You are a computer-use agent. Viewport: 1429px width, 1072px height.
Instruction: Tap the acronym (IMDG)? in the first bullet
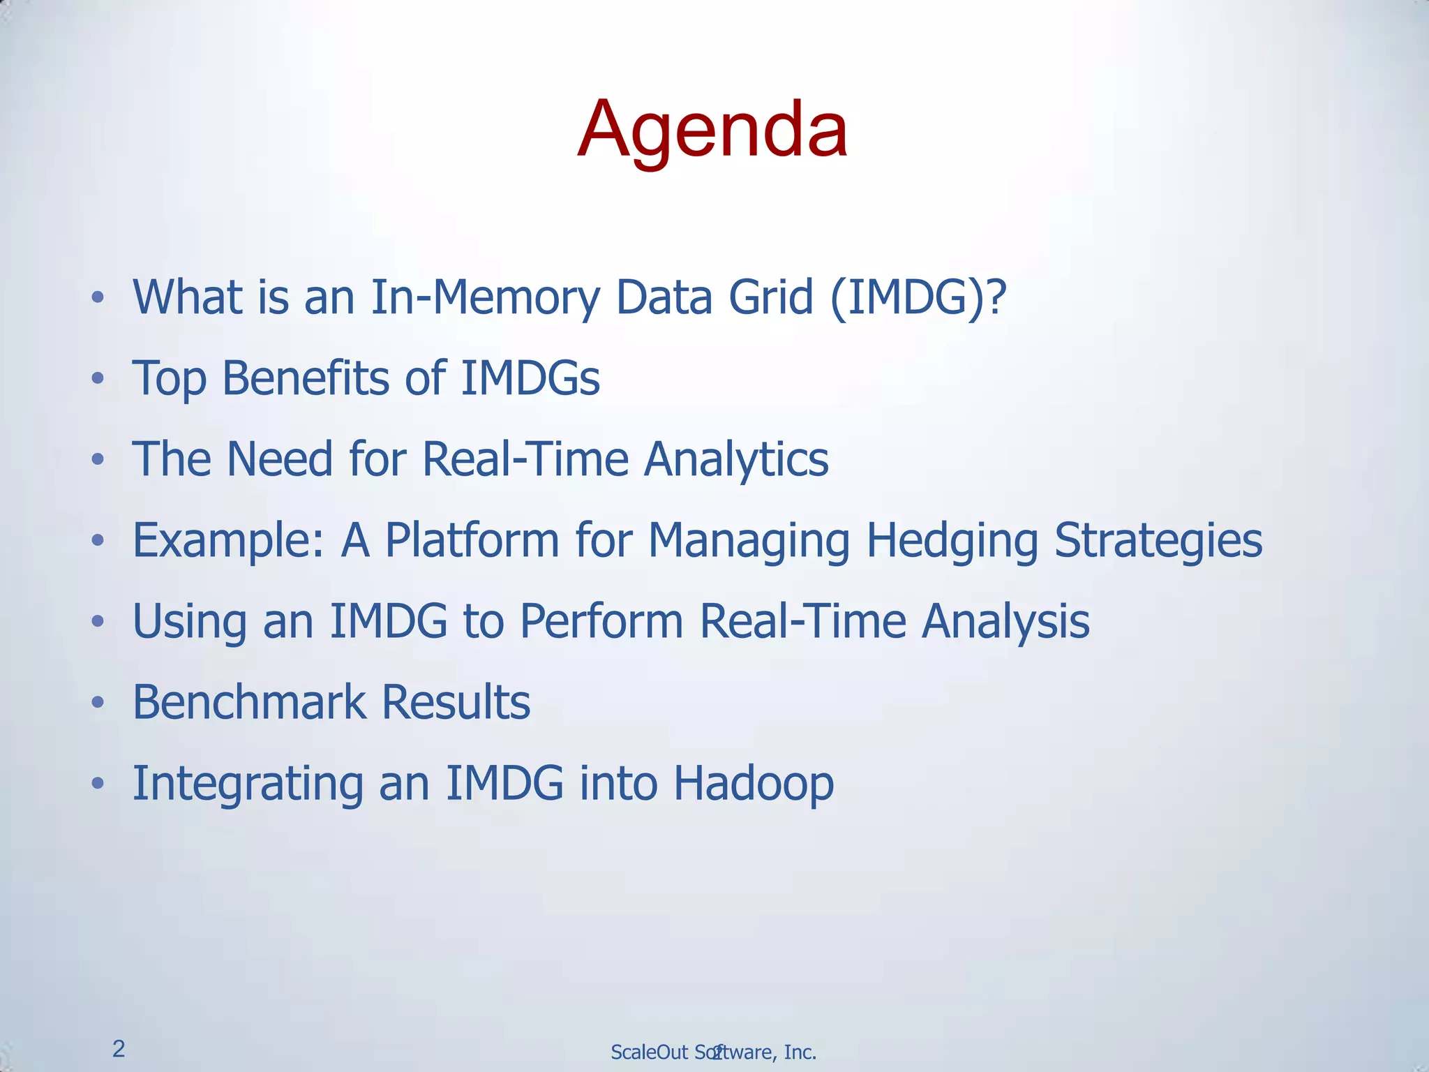(918, 298)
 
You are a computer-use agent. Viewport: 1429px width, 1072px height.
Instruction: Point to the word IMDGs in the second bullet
(530, 378)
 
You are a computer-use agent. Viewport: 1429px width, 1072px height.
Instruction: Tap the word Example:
(229, 541)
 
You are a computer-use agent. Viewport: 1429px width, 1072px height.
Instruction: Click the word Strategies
(1158, 541)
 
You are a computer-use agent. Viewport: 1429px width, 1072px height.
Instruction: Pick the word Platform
(472, 541)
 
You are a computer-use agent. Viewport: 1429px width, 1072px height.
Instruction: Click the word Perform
(601, 621)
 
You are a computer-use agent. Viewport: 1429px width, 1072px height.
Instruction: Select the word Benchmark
(249, 702)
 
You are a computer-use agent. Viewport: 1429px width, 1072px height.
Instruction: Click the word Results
(456, 702)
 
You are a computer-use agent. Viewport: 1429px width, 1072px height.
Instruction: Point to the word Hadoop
(754, 783)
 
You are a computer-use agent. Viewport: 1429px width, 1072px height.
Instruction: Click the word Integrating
(248, 783)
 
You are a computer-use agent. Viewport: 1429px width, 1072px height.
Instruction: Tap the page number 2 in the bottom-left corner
(119, 1049)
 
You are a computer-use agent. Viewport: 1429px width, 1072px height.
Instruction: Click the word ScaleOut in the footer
(649, 1052)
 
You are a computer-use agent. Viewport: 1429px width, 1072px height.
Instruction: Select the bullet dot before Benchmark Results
(98, 704)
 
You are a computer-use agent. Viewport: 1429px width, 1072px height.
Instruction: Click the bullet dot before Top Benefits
(98, 380)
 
